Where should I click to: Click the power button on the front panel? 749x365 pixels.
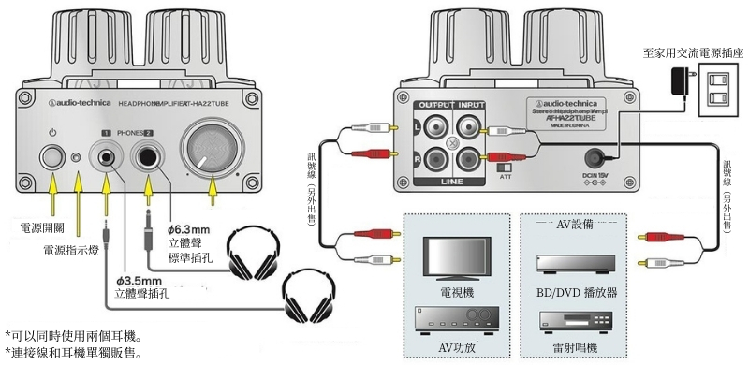pos(52,157)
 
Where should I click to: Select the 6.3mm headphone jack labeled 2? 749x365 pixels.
pos(147,157)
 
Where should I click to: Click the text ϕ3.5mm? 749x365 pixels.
pos(138,280)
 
